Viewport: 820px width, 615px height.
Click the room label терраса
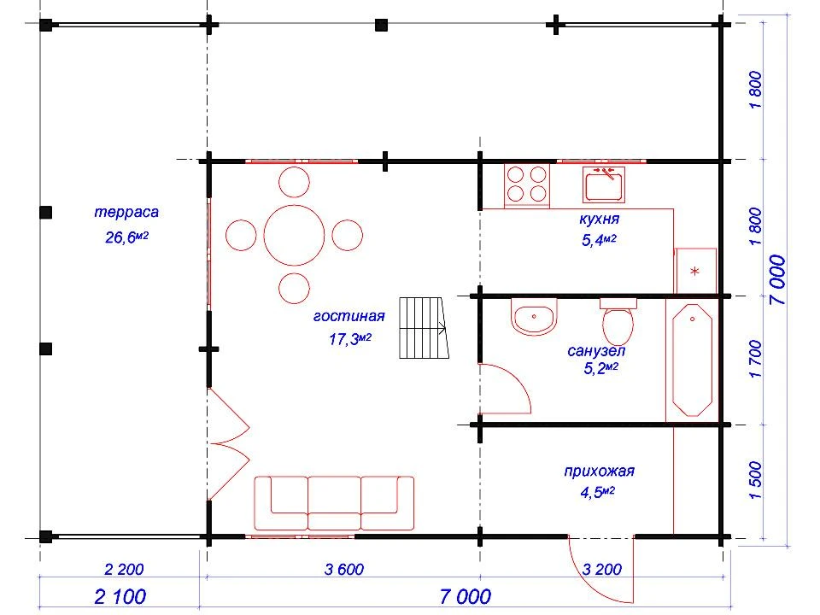pyautogui.click(x=126, y=213)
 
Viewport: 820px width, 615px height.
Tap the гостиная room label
pyautogui.click(x=348, y=316)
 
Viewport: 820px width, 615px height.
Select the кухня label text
pyautogui.click(x=600, y=220)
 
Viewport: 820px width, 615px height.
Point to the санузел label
pyautogui.click(x=596, y=350)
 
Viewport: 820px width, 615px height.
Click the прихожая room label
pyautogui.click(x=600, y=471)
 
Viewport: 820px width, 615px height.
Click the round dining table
pyautogui.click(x=294, y=236)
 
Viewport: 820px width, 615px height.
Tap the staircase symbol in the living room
pyautogui.click(x=425, y=328)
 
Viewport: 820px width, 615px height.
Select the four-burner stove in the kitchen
pyautogui.click(x=527, y=184)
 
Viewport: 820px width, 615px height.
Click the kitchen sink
pyautogui.click(x=604, y=184)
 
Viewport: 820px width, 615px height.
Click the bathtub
pyautogui.click(x=692, y=360)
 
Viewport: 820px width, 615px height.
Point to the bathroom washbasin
pyautogui.click(x=533, y=317)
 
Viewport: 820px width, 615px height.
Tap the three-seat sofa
pyautogui.click(x=334, y=503)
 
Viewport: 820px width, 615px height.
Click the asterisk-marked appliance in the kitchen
pyautogui.click(x=695, y=271)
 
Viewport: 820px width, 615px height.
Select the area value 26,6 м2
pyautogui.click(x=127, y=237)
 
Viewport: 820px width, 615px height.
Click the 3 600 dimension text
pyautogui.click(x=343, y=569)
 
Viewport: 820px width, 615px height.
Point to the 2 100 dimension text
pyautogui.click(x=120, y=596)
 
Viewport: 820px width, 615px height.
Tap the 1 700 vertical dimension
pyautogui.click(x=756, y=359)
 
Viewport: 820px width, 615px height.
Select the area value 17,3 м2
pyautogui.click(x=350, y=339)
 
